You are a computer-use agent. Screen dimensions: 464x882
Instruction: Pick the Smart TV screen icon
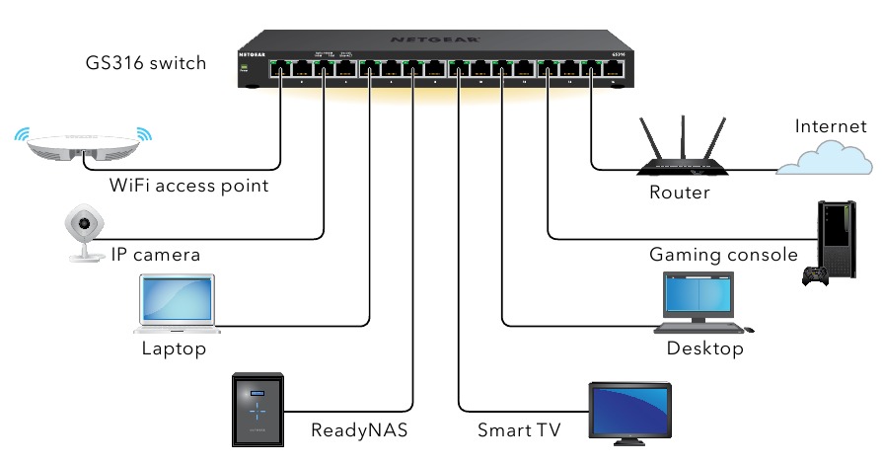(628, 411)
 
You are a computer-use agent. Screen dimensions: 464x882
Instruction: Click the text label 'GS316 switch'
(146, 63)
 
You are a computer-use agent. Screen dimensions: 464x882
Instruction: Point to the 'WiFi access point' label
(189, 185)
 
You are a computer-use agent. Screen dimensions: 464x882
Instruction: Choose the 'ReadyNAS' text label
(359, 429)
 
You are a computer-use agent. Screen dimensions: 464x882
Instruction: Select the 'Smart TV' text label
(519, 429)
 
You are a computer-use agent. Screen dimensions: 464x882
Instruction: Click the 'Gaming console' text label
(723, 255)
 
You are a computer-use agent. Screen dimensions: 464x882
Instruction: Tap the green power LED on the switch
(245, 66)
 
